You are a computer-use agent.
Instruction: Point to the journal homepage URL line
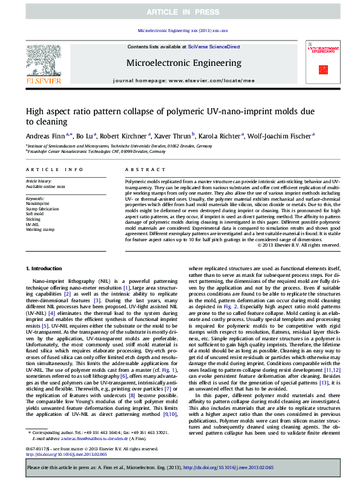[184, 80]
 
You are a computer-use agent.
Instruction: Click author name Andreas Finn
[48, 137]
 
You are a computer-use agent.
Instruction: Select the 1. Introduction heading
[45, 268]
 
